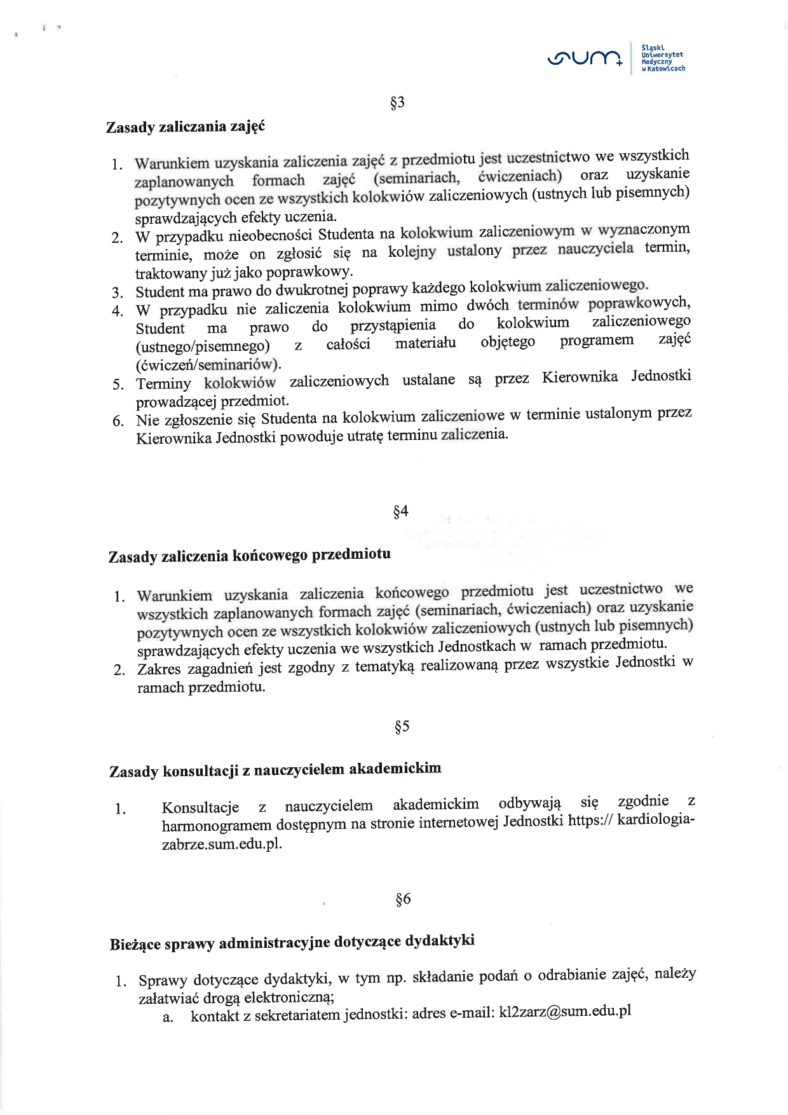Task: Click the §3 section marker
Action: tap(397, 103)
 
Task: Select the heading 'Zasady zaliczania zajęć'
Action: tap(185, 126)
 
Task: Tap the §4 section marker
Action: tap(400, 511)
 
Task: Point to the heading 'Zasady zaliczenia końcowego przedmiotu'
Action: tap(250, 556)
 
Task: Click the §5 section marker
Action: tap(402, 726)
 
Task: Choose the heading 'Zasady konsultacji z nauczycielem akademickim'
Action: tap(275, 770)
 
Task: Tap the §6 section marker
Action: tap(403, 899)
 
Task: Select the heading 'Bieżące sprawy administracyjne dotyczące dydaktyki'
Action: tap(292, 942)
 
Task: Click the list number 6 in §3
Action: tap(118, 421)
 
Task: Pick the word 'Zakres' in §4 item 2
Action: tap(159, 669)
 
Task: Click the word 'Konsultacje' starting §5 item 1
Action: tap(200, 808)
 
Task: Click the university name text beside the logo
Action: tap(663, 57)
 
